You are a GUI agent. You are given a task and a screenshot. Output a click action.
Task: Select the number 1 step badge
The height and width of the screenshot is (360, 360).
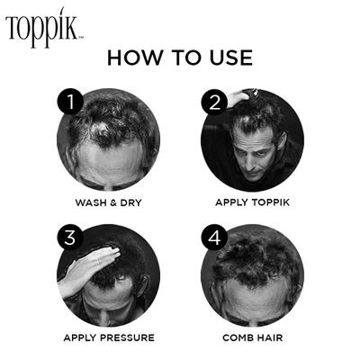(x=70, y=102)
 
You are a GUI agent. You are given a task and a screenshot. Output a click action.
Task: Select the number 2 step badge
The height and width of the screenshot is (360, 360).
(x=214, y=102)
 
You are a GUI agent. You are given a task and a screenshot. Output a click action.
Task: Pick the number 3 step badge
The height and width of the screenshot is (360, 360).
(x=70, y=238)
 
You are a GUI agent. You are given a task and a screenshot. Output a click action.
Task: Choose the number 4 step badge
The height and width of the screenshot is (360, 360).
(x=214, y=238)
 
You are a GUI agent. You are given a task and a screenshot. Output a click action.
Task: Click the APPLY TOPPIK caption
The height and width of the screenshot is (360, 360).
(x=251, y=202)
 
